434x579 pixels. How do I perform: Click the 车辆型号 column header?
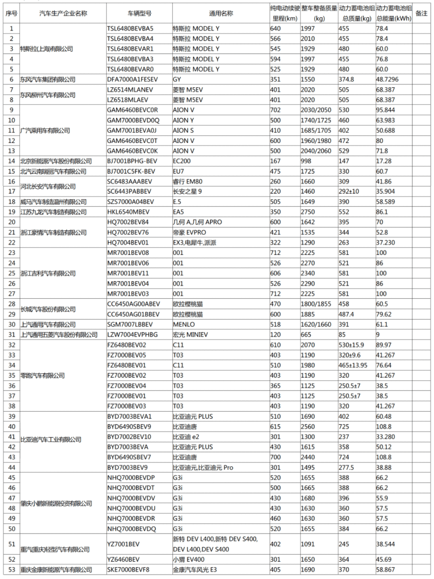coord(139,13)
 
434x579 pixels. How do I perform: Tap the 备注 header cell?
coord(421,13)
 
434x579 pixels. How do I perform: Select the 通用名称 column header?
coord(221,13)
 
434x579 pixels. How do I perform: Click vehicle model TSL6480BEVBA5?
coord(130,29)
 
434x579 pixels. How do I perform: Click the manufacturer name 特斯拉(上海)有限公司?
coord(47,49)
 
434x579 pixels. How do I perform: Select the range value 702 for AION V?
coord(275,110)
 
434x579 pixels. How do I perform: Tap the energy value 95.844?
coord(385,110)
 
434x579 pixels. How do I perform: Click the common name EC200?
coord(182,161)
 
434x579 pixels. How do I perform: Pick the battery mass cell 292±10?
coord(349,192)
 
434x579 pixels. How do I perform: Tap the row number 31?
coord(12,334)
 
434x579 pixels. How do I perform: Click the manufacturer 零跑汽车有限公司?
coord(43,375)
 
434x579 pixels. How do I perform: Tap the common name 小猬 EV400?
coord(188,559)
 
